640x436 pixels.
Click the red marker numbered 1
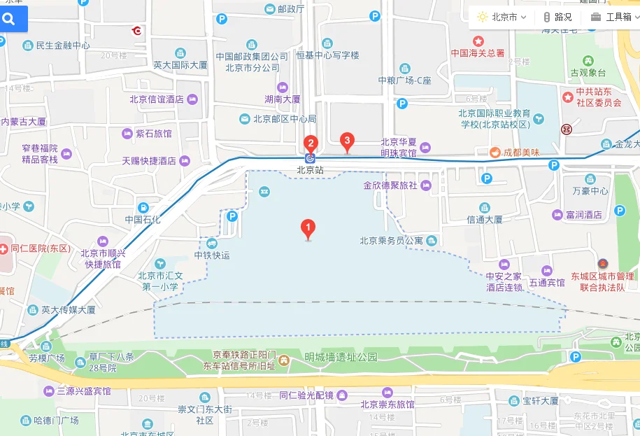pyautogui.click(x=307, y=228)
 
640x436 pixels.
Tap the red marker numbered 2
pyautogui.click(x=310, y=144)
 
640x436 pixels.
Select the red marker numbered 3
pyautogui.click(x=346, y=141)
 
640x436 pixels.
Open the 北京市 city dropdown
pyautogui.click(x=502, y=17)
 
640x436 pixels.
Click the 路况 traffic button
pyautogui.click(x=557, y=17)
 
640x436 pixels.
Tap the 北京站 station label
pyautogui.click(x=310, y=169)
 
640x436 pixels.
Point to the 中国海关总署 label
pyautogui.click(x=478, y=52)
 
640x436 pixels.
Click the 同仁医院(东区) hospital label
pyautogui.click(x=41, y=248)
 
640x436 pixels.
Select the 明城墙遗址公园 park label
pyautogui.click(x=341, y=357)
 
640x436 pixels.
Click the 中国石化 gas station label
pyautogui.click(x=143, y=219)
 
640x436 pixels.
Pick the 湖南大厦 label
pyautogui.click(x=283, y=99)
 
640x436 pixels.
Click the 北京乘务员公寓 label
pyautogui.click(x=391, y=241)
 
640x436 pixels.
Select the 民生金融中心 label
pyautogui.click(x=62, y=45)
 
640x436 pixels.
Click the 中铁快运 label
pyautogui.click(x=212, y=255)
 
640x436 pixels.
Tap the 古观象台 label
pyautogui.click(x=588, y=72)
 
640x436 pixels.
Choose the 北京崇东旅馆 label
pyautogui.click(x=387, y=405)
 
